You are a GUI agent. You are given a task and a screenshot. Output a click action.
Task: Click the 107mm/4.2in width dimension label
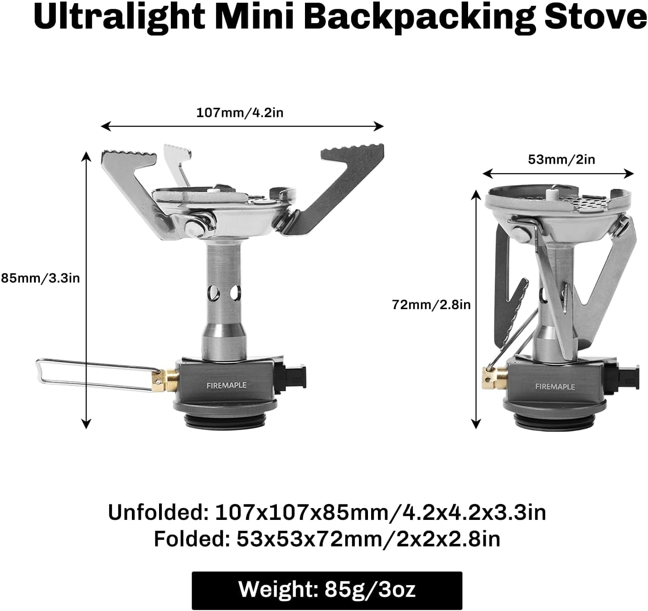pos(239,112)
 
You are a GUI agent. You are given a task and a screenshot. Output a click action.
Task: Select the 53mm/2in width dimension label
pos(561,160)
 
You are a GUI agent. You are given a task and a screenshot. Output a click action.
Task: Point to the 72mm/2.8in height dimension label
pos(431,305)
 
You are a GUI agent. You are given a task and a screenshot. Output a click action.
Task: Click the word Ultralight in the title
pos(119,17)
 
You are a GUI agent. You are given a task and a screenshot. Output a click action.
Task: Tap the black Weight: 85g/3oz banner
pos(327,590)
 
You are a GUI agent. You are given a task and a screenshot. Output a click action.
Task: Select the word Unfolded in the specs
pos(156,513)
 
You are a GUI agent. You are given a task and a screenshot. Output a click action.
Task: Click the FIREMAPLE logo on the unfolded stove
pos(227,385)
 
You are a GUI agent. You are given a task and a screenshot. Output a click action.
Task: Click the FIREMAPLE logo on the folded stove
pos(555,387)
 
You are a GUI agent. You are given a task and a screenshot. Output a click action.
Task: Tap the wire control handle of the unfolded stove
pos(91,374)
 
